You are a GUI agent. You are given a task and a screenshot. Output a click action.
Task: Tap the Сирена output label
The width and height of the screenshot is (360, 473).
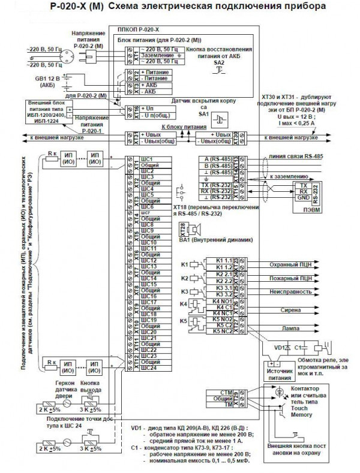point(290,312)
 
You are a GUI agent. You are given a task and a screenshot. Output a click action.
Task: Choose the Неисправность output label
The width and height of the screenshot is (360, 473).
point(289,293)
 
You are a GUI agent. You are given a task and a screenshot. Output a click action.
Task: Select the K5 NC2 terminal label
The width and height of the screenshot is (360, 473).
point(218,332)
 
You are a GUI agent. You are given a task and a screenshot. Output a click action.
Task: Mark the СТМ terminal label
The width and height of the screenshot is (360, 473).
point(218,392)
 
